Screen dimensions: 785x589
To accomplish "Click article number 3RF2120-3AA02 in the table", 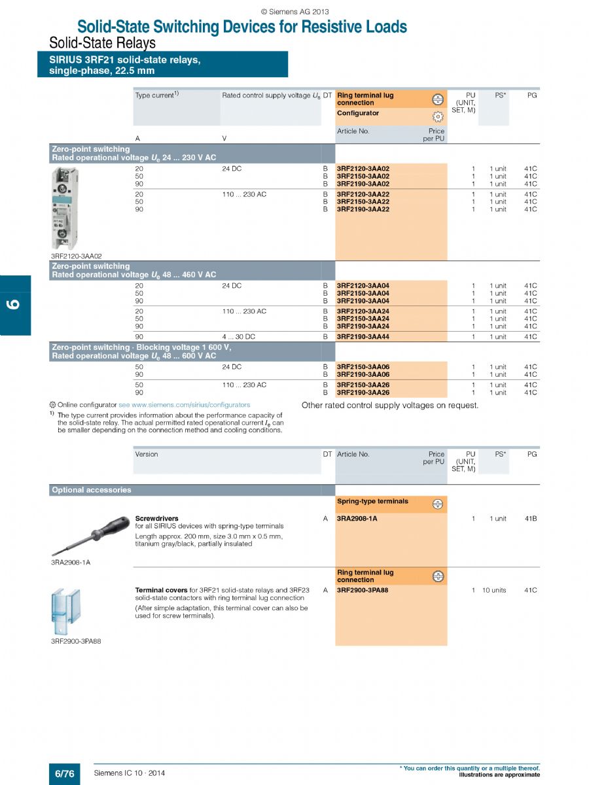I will [x=363, y=169].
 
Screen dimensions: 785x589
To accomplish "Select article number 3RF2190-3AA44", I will [x=363, y=337].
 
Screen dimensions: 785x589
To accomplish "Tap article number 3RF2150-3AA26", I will [x=363, y=385].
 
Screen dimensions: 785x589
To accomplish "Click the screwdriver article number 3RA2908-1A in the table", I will [x=357, y=519].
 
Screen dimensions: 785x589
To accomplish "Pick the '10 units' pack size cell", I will [x=494, y=591].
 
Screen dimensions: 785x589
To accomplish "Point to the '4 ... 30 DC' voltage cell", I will [x=239, y=337].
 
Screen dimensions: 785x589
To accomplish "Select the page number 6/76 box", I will [x=64, y=773].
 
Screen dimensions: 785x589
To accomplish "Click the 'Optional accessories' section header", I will [x=92, y=490].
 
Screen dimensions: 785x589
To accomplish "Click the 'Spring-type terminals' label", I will [x=372, y=502].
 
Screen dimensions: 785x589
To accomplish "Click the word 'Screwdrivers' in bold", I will [x=156, y=518].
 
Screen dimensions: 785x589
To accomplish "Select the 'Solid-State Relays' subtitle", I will [x=103, y=43].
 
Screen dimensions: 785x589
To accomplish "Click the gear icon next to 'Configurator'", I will [x=438, y=116].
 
